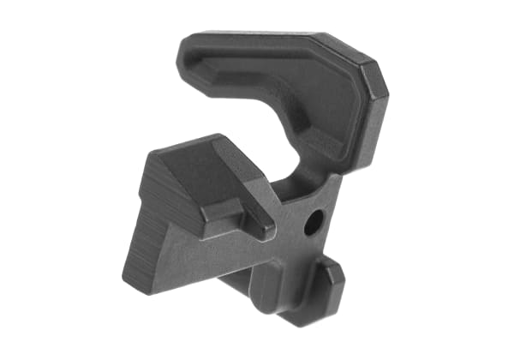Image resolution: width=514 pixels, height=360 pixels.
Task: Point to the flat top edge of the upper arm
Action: click(257, 38)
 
